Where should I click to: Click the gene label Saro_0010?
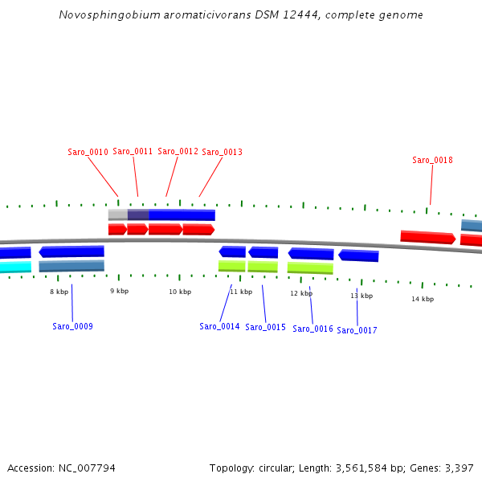pos(88,152)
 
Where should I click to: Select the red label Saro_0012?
pos(178,151)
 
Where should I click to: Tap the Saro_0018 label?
pos(432,160)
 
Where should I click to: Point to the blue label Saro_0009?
pos(72,326)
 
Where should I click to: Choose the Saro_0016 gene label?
pos(312,329)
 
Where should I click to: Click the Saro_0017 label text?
pos(357,330)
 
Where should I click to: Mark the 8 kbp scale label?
pos(59,292)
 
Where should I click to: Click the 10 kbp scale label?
pos(180,292)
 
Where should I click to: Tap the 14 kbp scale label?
pos(423,299)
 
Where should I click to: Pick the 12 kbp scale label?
pos(301,293)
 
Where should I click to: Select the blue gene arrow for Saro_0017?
pos(358,255)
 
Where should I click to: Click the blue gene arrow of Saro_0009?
pos(71,251)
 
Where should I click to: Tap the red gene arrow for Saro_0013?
pos(198,229)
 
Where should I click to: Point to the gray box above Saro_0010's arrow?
pos(117,214)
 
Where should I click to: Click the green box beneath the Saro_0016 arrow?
pos(310,268)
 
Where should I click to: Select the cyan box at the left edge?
pos(15,267)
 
